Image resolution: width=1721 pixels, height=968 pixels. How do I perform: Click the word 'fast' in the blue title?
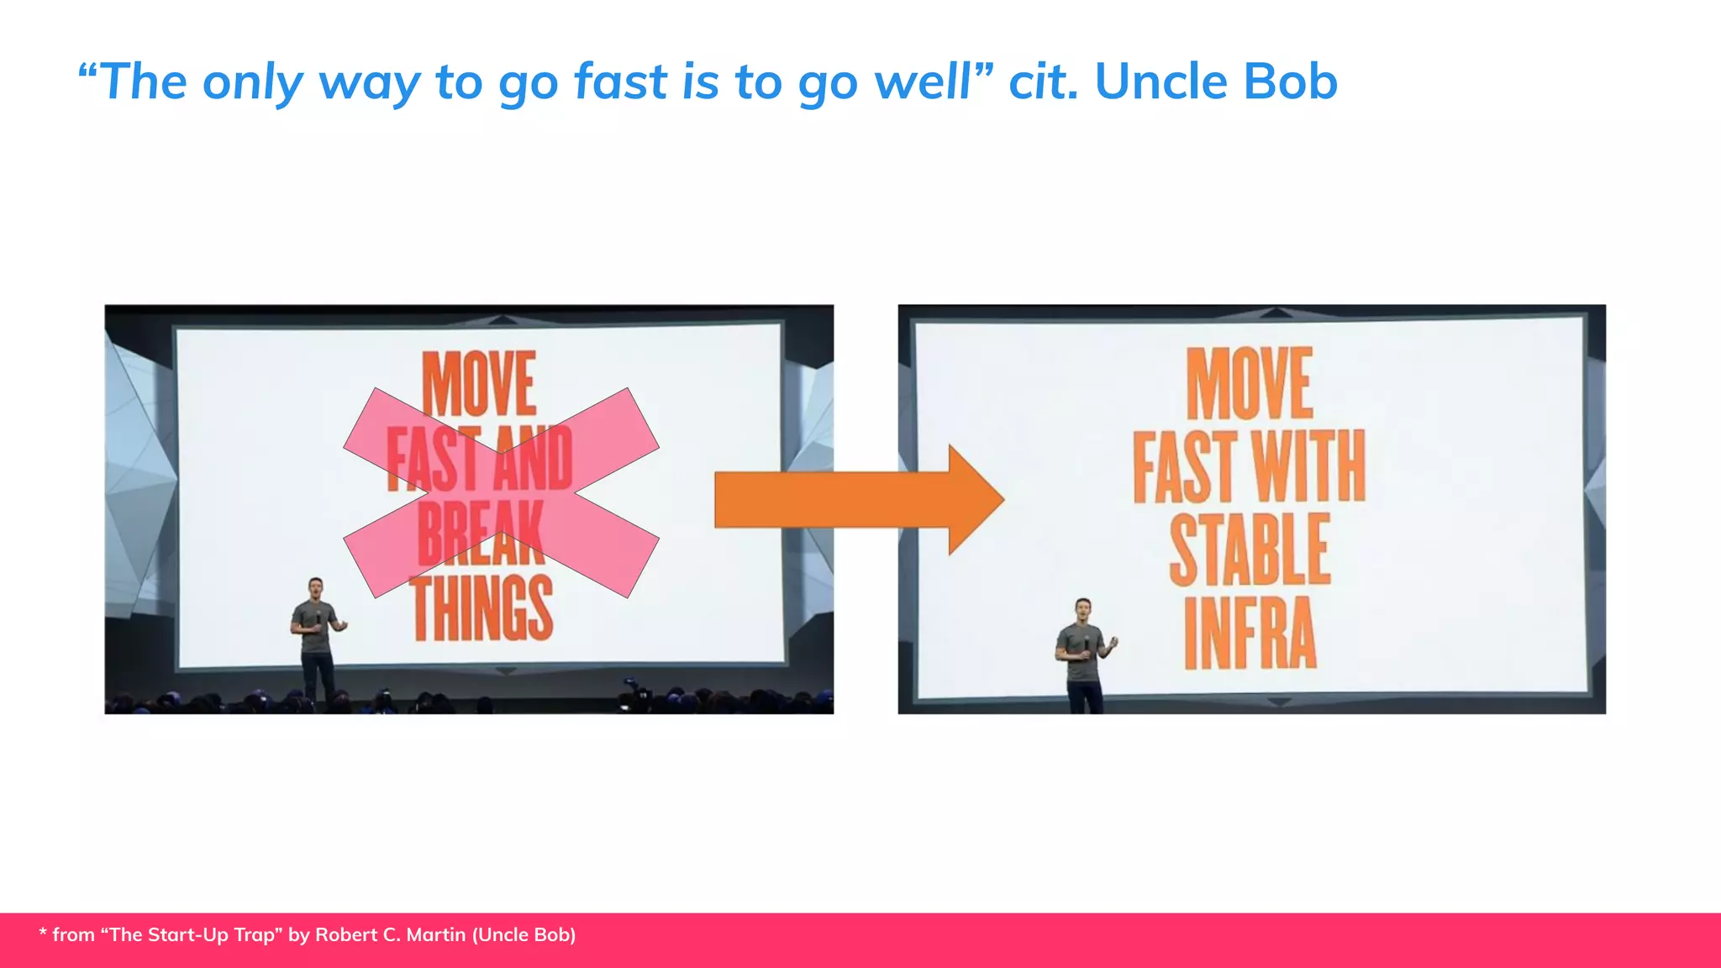pyautogui.click(x=621, y=82)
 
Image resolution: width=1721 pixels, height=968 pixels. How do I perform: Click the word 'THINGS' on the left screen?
pyautogui.click(x=482, y=608)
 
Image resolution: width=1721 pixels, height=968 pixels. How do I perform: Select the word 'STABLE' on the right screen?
pyautogui.click(x=1250, y=550)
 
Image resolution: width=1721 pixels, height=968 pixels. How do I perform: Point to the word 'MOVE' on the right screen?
pyautogui.click(x=1250, y=383)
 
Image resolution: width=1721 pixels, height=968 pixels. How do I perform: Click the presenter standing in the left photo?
pyautogui.click(x=316, y=634)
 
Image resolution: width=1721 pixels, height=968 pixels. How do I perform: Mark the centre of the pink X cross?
pyautogui.click(x=501, y=493)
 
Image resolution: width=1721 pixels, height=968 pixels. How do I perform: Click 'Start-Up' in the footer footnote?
pyautogui.click(x=192, y=935)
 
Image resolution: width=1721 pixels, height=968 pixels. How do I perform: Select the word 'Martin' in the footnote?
pyautogui.click(x=435, y=935)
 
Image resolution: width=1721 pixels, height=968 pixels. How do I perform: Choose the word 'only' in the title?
pyautogui.click(x=253, y=83)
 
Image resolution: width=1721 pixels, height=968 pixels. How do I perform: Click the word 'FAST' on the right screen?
pyautogui.click(x=1185, y=466)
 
